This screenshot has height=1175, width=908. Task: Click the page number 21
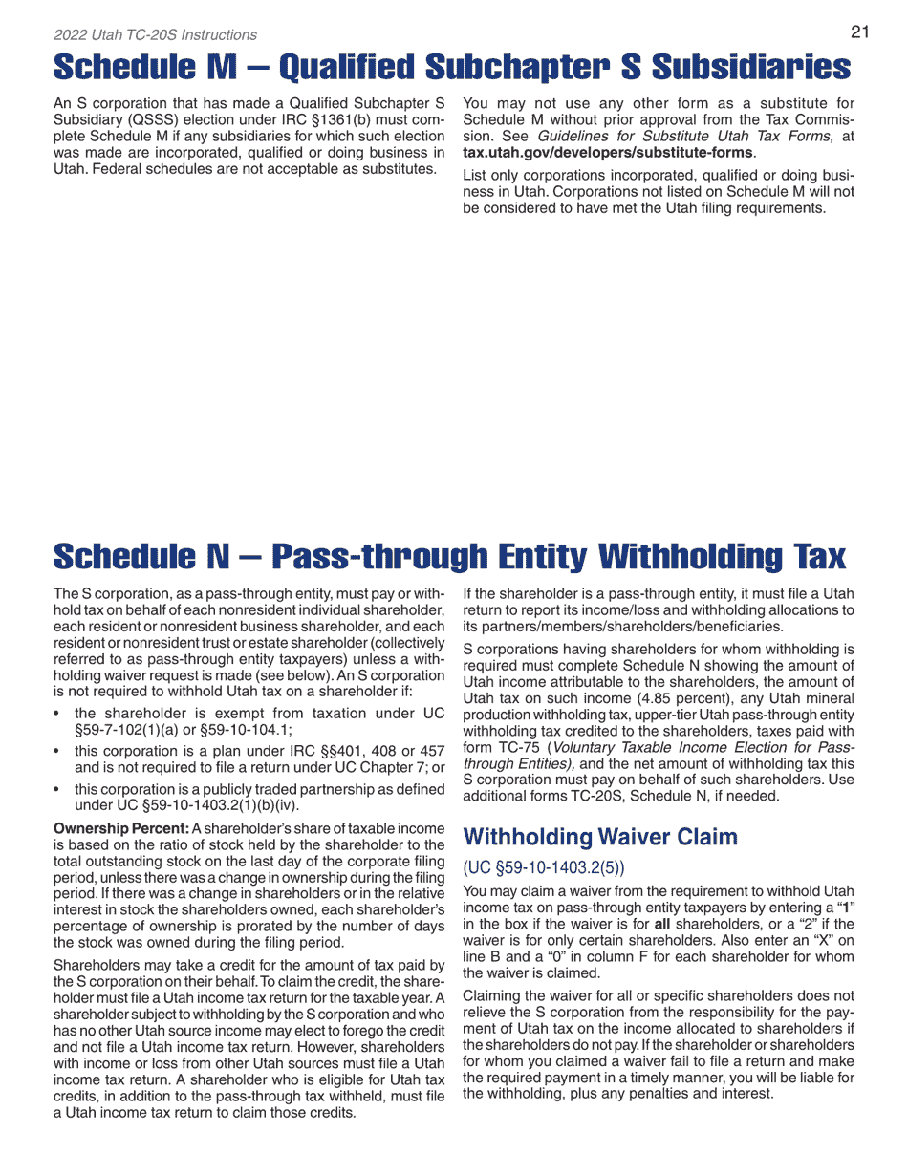(859, 32)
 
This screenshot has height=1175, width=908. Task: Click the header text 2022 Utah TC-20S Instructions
(155, 35)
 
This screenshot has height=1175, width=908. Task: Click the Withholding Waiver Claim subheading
(600, 838)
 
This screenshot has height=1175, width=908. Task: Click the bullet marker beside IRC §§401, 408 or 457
(59, 751)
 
